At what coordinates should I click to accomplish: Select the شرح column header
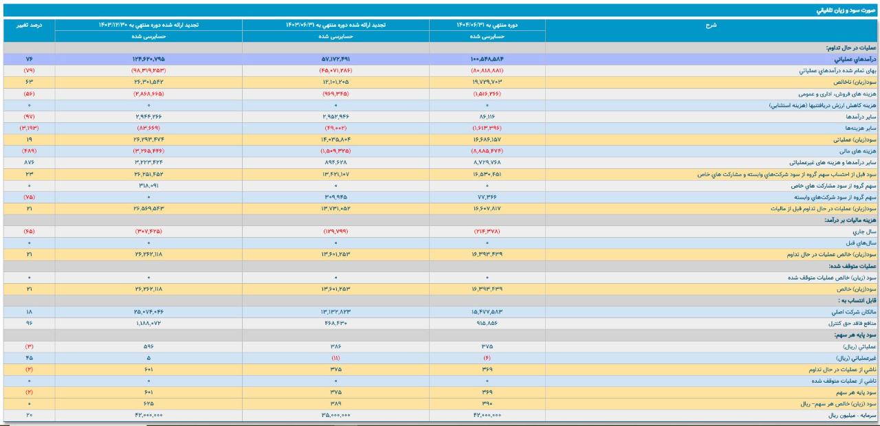711,25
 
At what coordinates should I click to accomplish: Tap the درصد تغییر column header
29,25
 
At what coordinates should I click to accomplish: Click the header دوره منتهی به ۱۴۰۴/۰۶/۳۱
487,25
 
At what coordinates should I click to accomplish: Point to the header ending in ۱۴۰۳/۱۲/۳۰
148,25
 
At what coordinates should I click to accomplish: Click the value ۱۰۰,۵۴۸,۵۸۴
487,60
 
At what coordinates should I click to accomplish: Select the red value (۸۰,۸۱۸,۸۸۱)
487,71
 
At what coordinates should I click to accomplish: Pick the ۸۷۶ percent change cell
29,163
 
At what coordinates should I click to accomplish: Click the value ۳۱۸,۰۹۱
148,186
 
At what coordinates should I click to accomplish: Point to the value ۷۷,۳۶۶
487,197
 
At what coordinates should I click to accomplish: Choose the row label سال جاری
863,232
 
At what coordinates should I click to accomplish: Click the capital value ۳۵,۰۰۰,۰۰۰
335,416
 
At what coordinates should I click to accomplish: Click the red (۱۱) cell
335,358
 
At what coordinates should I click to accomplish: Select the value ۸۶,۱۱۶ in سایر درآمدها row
487,117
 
